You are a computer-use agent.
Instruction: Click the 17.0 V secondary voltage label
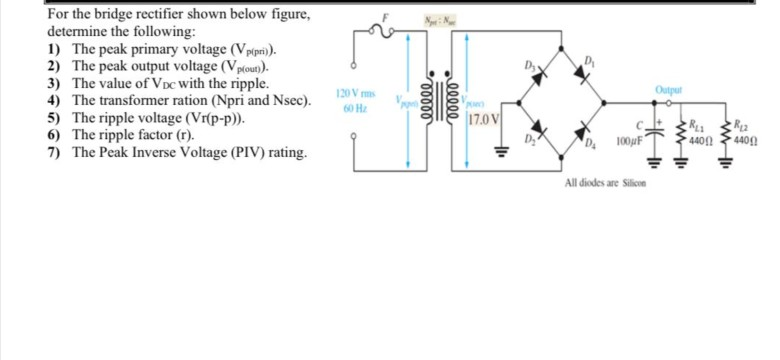pyautogui.click(x=482, y=121)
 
